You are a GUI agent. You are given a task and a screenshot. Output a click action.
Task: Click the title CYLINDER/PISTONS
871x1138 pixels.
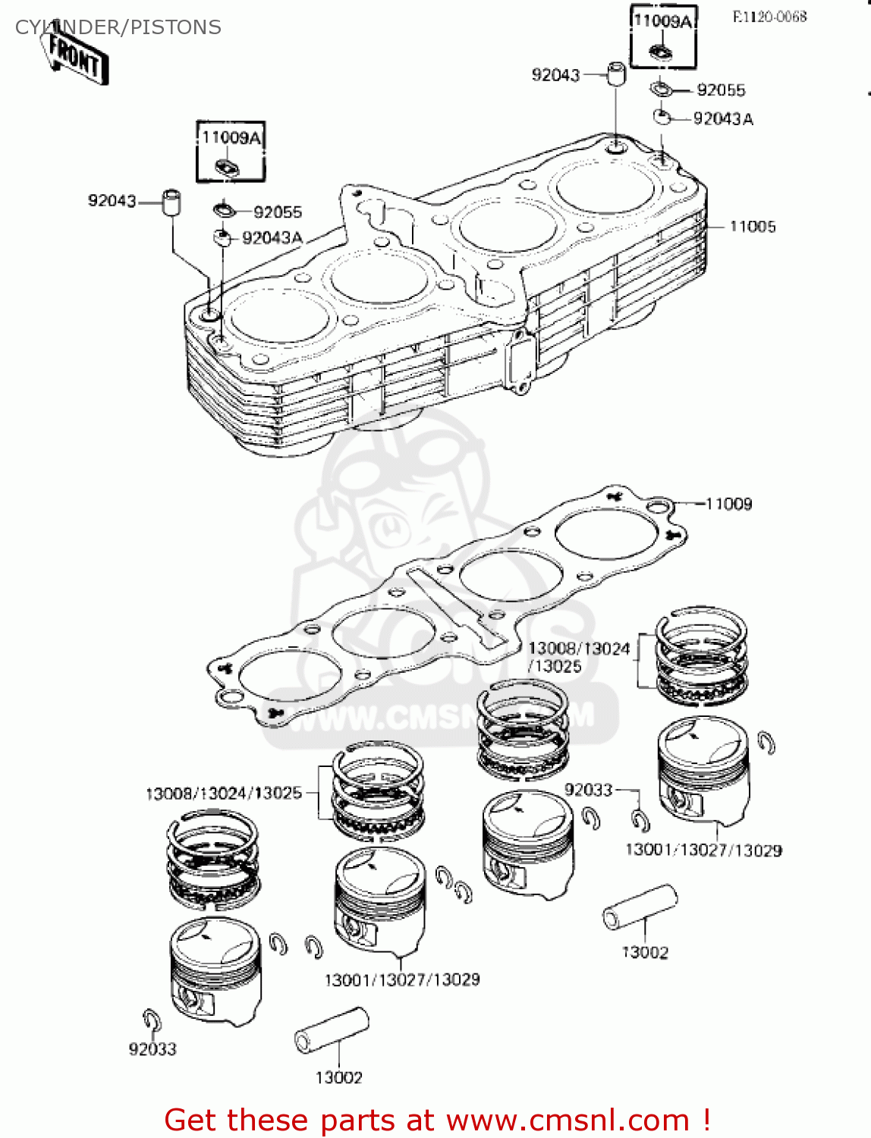[118, 27]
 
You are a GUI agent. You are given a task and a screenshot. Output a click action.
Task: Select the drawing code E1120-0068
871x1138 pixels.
[769, 17]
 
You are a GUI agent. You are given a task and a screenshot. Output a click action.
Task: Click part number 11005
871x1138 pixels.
[752, 226]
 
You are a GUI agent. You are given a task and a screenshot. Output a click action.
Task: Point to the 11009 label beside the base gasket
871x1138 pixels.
[728, 504]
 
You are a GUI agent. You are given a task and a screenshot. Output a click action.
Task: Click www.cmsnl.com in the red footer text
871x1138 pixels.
[568, 1120]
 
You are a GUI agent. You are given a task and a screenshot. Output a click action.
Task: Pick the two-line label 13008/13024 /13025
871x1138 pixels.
[578, 657]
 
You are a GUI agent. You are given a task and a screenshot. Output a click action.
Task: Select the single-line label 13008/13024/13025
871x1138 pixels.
[223, 794]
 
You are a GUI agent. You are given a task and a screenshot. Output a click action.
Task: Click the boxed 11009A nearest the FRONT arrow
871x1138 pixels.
[231, 138]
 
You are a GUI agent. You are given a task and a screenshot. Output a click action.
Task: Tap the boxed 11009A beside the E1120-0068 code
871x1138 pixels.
[662, 21]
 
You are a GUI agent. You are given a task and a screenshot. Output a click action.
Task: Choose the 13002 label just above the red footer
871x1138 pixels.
[338, 1077]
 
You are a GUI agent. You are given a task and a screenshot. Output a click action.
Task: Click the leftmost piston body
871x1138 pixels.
[215, 970]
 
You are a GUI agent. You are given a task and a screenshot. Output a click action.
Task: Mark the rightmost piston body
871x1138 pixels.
[703, 769]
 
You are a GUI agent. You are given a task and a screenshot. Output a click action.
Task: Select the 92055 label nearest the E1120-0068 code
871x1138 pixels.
[721, 90]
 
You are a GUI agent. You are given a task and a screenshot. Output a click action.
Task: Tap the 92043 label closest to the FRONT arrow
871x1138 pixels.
[112, 201]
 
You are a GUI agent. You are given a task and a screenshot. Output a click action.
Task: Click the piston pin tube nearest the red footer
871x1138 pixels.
[332, 1030]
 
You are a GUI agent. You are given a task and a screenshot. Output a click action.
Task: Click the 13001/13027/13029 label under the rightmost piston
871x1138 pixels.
[703, 850]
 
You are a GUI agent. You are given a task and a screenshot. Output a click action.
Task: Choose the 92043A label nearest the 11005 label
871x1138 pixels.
[723, 119]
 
